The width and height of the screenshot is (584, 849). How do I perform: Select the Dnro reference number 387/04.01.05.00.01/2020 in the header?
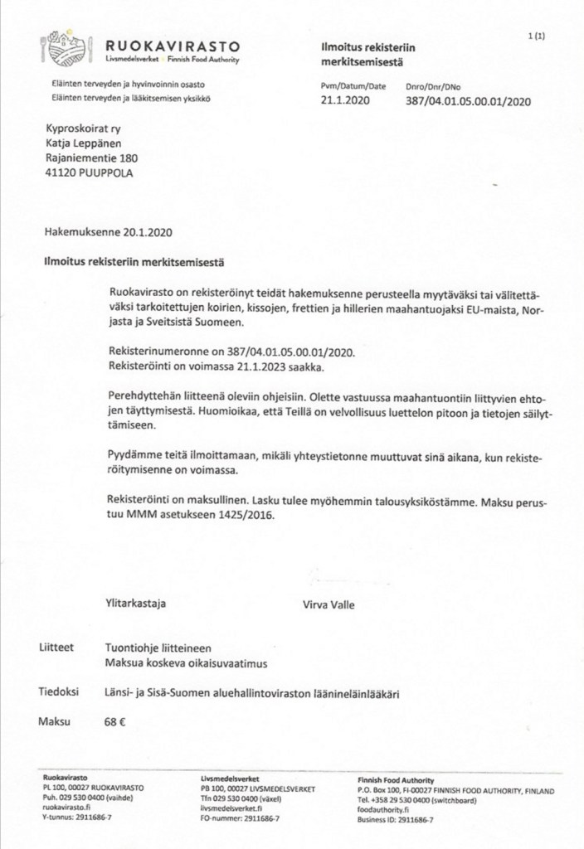pyautogui.click(x=467, y=101)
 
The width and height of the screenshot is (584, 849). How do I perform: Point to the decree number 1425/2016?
pyautogui.click(x=241, y=514)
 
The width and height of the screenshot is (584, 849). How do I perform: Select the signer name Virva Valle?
pyautogui.click(x=330, y=604)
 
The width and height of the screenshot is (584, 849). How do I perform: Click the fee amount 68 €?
pyautogui.click(x=115, y=721)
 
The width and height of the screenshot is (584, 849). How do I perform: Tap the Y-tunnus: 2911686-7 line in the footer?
pyautogui.click(x=77, y=817)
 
